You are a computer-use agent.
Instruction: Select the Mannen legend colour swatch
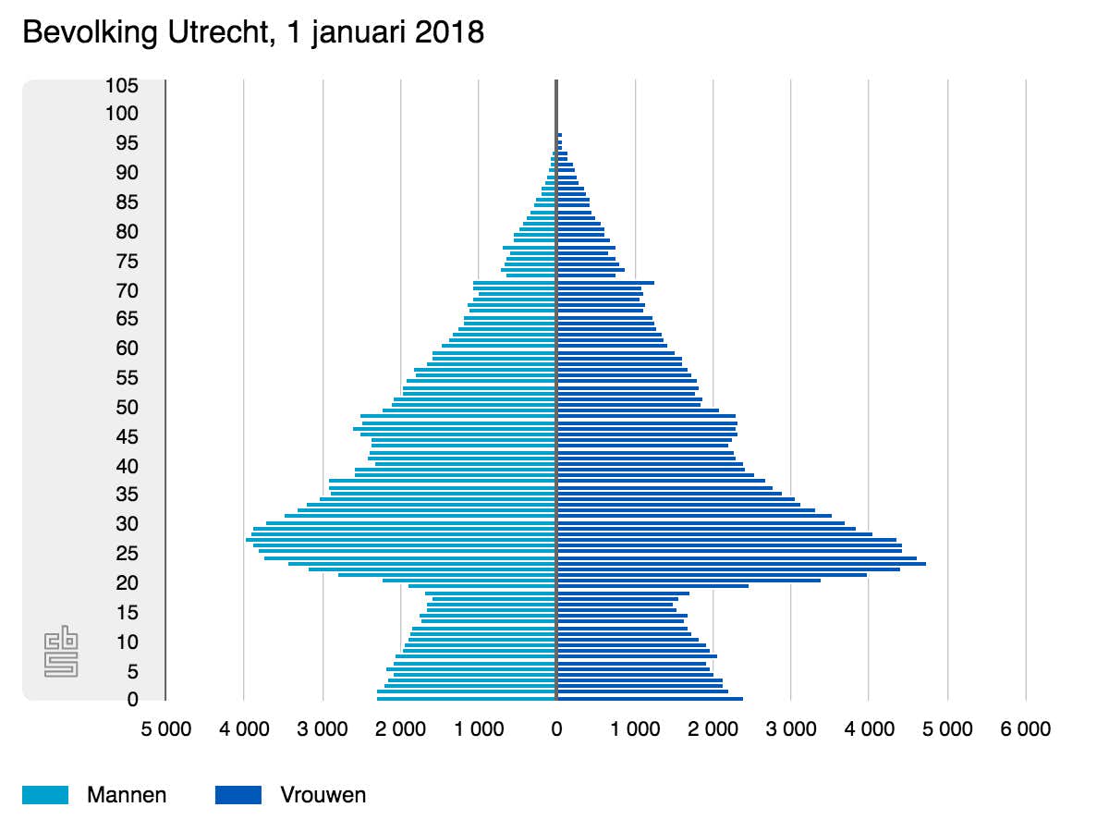tap(45, 795)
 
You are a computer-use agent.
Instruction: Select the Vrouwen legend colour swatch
tap(238, 795)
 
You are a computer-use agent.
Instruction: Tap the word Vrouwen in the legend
tap(323, 795)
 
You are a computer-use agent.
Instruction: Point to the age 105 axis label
tap(122, 86)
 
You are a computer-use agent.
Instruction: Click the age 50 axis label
tap(128, 408)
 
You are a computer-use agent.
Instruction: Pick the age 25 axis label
tap(128, 554)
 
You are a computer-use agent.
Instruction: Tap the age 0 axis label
tap(133, 700)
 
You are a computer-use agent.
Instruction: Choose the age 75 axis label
tap(128, 262)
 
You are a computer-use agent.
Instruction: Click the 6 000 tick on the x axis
tap(1026, 729)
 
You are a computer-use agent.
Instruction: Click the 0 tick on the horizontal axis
tap(556, 729)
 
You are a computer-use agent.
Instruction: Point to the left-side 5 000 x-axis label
tap(165, 729)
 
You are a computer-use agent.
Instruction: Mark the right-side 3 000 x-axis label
tap(791, 729)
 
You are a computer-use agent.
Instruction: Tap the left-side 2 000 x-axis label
tap(400, 729)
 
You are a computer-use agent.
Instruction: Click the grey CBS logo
tap(62, 653)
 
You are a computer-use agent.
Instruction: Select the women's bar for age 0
tap(651, 699)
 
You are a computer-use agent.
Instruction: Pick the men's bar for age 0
tap(467, 699)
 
